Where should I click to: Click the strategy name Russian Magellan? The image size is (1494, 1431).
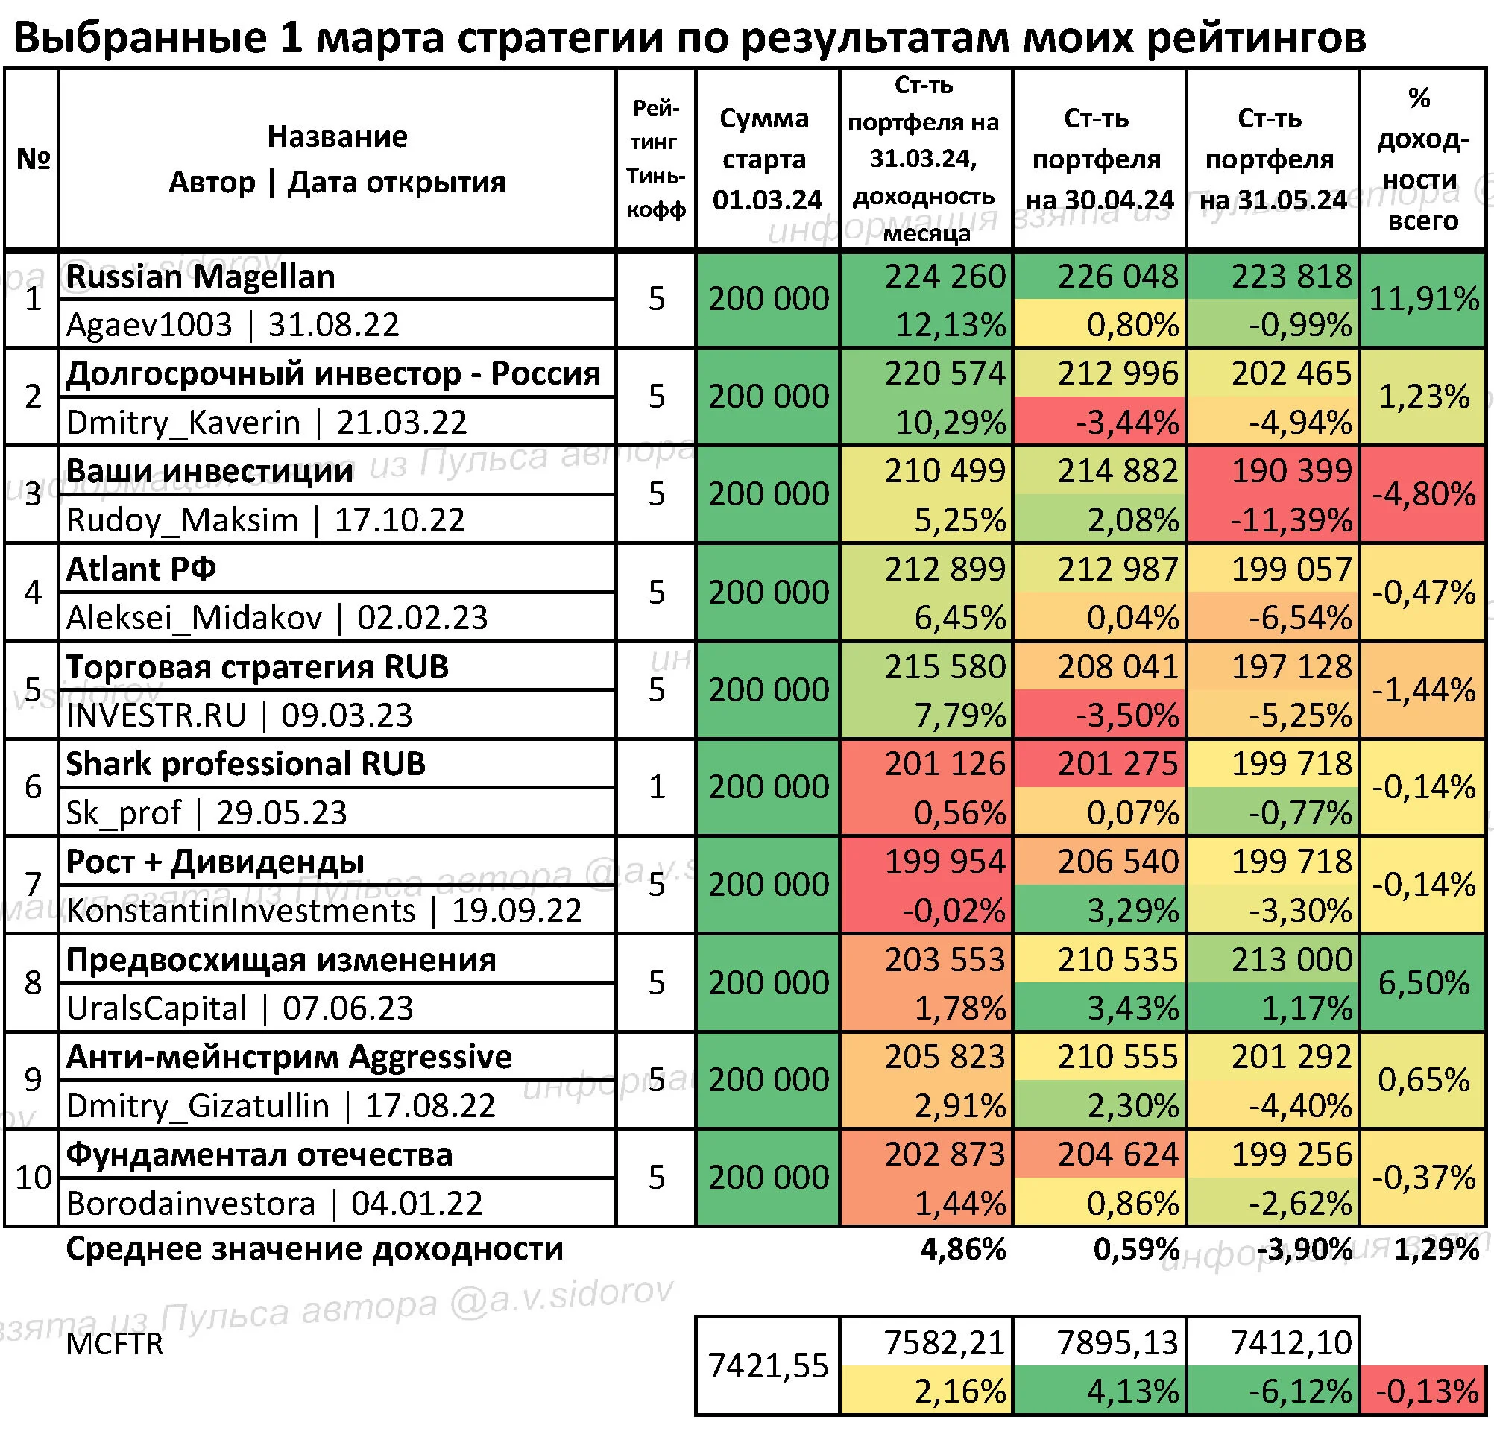point(201,277)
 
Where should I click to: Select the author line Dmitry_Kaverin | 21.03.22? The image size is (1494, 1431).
point(267,423)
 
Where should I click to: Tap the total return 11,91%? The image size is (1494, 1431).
point(1424,299)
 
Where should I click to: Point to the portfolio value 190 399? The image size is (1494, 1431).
point(1292,471)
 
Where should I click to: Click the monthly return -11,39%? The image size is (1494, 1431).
point(1292,520)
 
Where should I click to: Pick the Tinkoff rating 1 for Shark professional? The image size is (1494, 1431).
point(656,787)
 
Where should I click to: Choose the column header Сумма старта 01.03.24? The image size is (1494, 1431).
point(768,159)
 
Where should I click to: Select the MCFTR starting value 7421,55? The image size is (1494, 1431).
point(768,1366)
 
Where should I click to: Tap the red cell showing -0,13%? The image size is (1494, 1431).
point(1424,1391)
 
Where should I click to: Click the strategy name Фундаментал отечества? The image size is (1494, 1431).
point(259,1155)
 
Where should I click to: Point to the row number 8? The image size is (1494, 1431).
point(33,983)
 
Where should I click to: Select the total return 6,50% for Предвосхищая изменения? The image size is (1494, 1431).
point(1424,983)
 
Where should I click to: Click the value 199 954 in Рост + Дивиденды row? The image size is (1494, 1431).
point(945,862)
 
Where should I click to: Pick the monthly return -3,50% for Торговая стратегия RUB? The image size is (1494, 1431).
point(1127,715)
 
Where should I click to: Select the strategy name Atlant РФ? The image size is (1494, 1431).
point(141,569)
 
